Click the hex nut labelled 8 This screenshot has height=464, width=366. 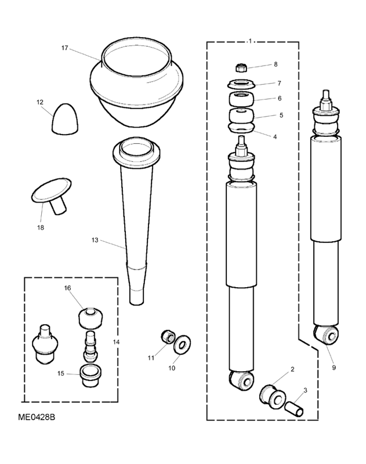(x=241, y=68)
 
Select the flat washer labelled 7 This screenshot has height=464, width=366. (x=241, y=84)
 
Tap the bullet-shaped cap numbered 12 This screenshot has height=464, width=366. (x=66, y=119)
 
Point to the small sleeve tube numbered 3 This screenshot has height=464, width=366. (x=294, y=409)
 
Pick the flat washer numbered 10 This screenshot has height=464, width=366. (x=182, y=345)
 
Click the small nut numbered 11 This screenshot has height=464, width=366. (x=168, y=337)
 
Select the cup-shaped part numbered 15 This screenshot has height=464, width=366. (x=90, y=375)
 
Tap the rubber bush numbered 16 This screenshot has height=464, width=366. (x=91, y=318)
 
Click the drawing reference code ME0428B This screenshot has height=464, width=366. (x=37, y=417)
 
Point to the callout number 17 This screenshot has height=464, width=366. (x=65, y=48)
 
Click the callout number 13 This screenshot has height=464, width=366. (x=95, y=240)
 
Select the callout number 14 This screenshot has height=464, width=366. (x=116, y=342)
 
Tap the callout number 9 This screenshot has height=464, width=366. (x=334, y=368)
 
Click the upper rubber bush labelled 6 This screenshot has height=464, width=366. (x=241, y=99)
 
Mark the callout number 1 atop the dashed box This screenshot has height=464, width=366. (x=250, y=41)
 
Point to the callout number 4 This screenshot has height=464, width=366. (x=275, y=137)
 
